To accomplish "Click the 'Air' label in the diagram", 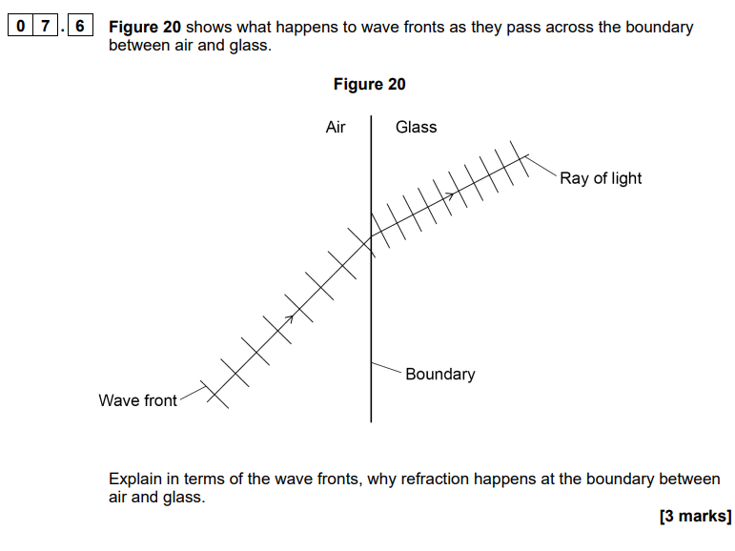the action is click(x=336, y=127).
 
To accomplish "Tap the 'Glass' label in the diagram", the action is click(x=417, y=127).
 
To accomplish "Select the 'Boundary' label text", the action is click(x=440, y=375).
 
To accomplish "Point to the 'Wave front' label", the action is click(x=138, y=400).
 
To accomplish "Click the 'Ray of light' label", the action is click(x=601, y=178).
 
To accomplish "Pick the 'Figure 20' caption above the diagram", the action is click(x=369, y=85).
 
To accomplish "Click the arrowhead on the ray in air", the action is click(x=291, y=318).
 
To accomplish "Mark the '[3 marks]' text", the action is click(x=695, y=516).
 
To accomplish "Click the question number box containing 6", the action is click(x=80, y=26).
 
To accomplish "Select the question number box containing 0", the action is click(x=21, y=26).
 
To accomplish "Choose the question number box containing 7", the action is click(x=46, y=26).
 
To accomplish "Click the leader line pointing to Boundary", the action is click(x=387, y=368).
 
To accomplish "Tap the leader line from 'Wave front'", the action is click(x=194, y=394).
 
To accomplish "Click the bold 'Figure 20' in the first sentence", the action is click(x=145, y=27).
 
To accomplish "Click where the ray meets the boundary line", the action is click(x=371, y=236).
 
